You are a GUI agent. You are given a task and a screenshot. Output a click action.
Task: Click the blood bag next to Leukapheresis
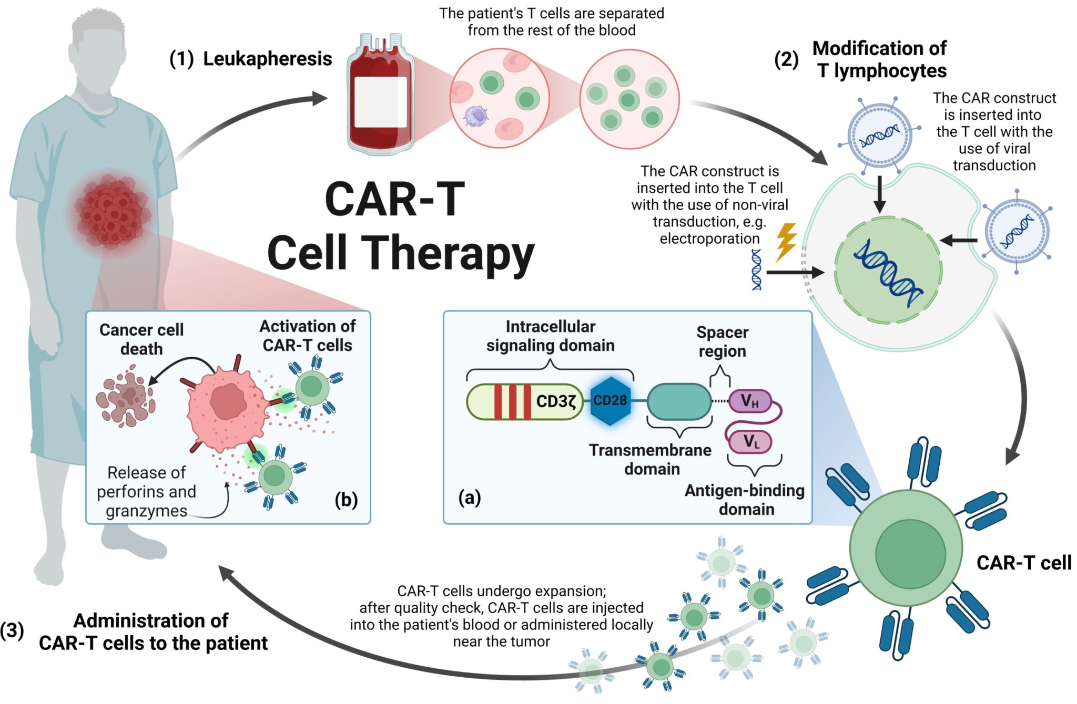click(x=380, y=97)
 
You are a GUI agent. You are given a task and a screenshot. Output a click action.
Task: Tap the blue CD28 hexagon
click(x=610, y=401)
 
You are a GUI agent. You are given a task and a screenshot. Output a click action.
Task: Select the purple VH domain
click(x=749, y=401)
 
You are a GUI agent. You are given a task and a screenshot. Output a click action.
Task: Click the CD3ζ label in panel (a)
click(x=556, y=401)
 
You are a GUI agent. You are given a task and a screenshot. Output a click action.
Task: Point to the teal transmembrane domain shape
click(x=679, y=401)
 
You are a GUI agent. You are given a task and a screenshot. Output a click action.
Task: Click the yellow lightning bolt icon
click(x=786, y=242)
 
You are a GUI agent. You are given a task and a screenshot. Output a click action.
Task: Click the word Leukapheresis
click(x=267, y=59)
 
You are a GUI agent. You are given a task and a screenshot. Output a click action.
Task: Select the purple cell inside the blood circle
click(x=476, y=116)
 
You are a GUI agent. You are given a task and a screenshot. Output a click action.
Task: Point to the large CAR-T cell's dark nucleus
click(x=910, y=554)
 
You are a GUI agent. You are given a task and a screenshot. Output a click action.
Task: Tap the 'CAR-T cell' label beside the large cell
click(x=1023, y=563)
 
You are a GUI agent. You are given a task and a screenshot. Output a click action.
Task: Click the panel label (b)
click(x=346, y=499)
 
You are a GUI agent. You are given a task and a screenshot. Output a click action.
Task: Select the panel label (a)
click(x=469, y=497)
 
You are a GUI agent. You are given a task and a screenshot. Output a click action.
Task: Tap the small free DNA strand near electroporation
click(x=756, y=269)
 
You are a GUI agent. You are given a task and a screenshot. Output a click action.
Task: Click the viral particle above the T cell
click(x=879, y=136)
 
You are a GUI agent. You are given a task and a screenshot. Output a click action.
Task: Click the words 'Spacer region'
click(x=722, y=341)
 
